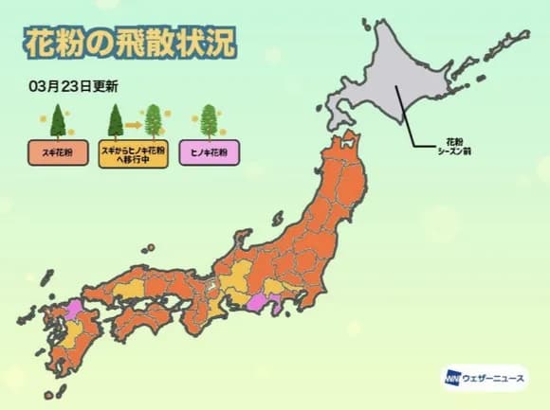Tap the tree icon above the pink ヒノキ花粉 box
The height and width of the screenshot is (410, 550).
click(x=208, y=120)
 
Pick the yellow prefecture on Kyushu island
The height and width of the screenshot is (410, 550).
click(x=75, y=330)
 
